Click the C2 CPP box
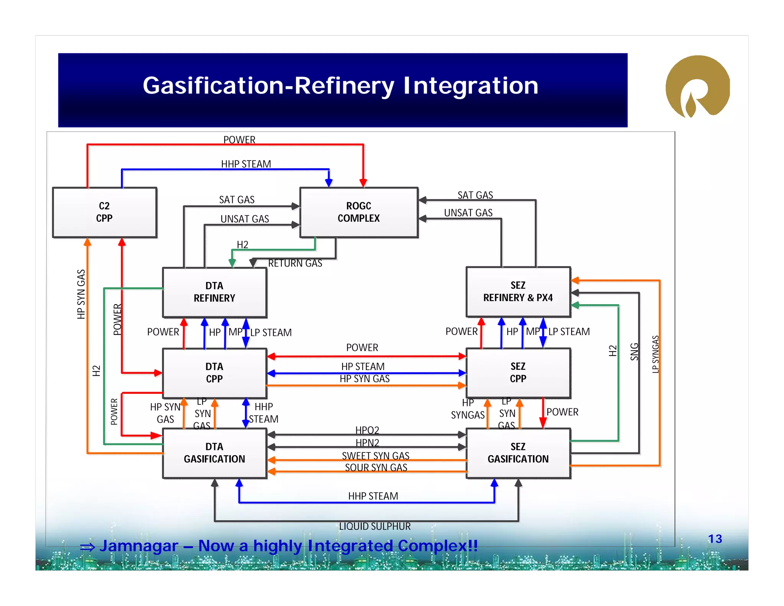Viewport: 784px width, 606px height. coord(105,212)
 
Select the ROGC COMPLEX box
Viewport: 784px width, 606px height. coord(359,212)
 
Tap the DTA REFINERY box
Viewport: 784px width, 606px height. coord(214,292)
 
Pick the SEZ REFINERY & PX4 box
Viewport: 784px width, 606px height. coord(518,292)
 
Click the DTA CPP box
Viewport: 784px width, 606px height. coord(214,373)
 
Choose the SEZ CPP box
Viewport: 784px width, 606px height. coord(518,372)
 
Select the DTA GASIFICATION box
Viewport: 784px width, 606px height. coord(214,453)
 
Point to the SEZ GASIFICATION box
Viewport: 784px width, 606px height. coord(518,453)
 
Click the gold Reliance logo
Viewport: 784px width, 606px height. coord(697,87)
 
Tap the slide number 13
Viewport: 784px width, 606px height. coord(715,539)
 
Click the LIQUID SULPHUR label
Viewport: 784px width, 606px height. coord(374,526)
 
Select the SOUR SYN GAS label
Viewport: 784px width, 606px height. coord(376,467)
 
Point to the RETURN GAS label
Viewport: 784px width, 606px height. coord(295,263)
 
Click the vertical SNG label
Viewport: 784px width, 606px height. coord(634,352)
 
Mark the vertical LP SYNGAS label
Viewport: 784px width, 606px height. coord(655,354)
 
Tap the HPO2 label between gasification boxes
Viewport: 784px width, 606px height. coord(367,430)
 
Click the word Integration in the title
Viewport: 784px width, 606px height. coord(470,85)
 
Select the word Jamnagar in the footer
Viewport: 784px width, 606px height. coord(139,546)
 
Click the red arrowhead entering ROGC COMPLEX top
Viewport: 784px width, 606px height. coord(363,183)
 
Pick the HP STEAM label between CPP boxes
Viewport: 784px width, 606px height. coord(363,367)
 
